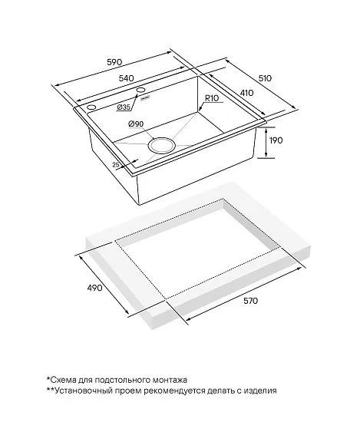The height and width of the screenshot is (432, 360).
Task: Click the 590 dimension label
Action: (114, 62)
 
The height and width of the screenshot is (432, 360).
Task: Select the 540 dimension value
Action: (126, 78)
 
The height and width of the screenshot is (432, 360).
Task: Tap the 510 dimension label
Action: (265, 78)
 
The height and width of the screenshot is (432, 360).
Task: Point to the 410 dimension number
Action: (246, 93)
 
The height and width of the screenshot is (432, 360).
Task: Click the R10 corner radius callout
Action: (212, 98)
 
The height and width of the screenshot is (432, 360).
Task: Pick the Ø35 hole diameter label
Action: (124, 107)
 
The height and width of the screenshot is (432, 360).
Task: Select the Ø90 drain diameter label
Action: (136, 124)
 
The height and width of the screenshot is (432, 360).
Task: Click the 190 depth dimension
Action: (276, 140)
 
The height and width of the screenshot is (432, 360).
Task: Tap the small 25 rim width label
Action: (116, 165)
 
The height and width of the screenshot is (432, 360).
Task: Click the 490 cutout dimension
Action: (94, 288)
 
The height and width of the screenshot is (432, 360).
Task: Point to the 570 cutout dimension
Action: (250, 301)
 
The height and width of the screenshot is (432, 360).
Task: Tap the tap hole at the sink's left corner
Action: (91, 107)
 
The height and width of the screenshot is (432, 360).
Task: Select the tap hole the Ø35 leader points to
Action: (141, 90)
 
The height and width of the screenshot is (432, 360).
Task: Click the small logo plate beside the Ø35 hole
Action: (145, 98)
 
